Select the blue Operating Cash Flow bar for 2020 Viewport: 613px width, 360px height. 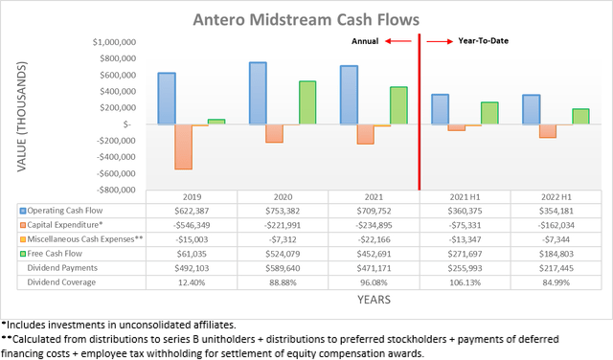pos(258,93)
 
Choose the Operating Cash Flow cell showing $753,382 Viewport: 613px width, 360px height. pos(283,210)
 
